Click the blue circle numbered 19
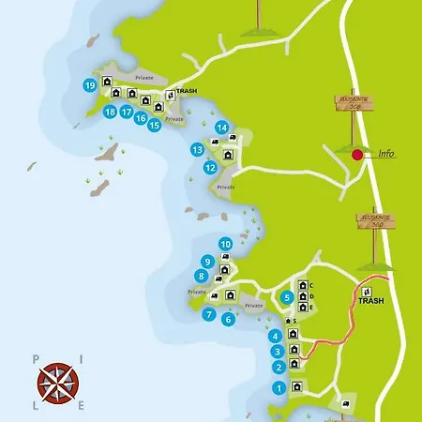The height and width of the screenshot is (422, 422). click(x=89, y=85)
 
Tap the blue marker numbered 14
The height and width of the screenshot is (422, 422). click(x=222, y=128)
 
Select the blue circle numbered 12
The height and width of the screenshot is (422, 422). click(x=210, y=168)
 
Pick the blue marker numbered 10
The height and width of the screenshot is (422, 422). click(x=225, y=244)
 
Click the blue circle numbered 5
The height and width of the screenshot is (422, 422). click(x=287, y=298)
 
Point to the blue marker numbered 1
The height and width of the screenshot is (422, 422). click(x=279, y=387)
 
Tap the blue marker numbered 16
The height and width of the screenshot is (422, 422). click(x=141, y=118)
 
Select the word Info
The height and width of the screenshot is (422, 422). click(x=385, y=154)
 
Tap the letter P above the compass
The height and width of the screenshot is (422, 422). click(x=35, y=357)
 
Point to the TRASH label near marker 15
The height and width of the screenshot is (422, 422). click(x=188, y=92)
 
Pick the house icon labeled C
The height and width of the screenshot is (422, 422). click(x=303, y=285)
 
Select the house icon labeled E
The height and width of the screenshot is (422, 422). click(x=303, y=307)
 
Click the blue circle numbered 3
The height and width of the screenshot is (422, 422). click(x=279, y=352)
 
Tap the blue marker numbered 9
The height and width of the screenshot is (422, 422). click(x=207, y=262)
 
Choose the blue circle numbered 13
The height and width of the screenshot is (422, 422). click(x=198, y=149)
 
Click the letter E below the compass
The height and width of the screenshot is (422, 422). click(x=81, y=405)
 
